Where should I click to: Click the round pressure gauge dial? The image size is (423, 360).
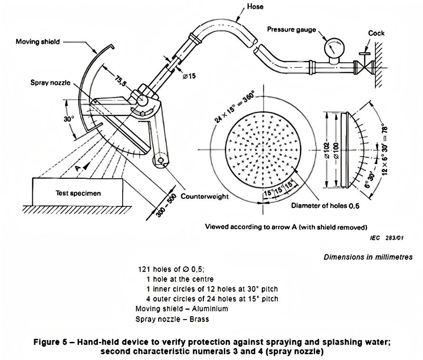click(334, 48)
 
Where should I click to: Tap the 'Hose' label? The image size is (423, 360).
click(255, 7)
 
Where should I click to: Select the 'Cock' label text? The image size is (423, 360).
click(376, 33)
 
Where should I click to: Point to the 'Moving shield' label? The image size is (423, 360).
click(38, 42)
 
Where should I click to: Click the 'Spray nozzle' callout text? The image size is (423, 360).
click(50, 83)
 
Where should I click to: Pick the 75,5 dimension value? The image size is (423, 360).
click(120, 81)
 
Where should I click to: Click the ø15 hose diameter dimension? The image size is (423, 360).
click(189, 76)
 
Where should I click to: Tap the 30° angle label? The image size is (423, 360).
click(69, 119)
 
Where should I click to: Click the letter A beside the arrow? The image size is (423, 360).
click(77, 168)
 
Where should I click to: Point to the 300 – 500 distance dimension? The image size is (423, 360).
click(166, 205)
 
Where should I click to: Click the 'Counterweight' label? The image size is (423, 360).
click(204, 196)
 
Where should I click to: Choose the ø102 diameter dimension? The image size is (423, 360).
click(327, 150)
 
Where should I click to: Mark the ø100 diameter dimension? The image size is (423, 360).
click(336, 150)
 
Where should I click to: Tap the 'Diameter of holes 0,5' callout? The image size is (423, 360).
click(325, 206)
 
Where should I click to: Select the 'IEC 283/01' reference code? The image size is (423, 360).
click(386, 238)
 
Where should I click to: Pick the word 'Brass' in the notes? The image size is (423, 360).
click(199, 319)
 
